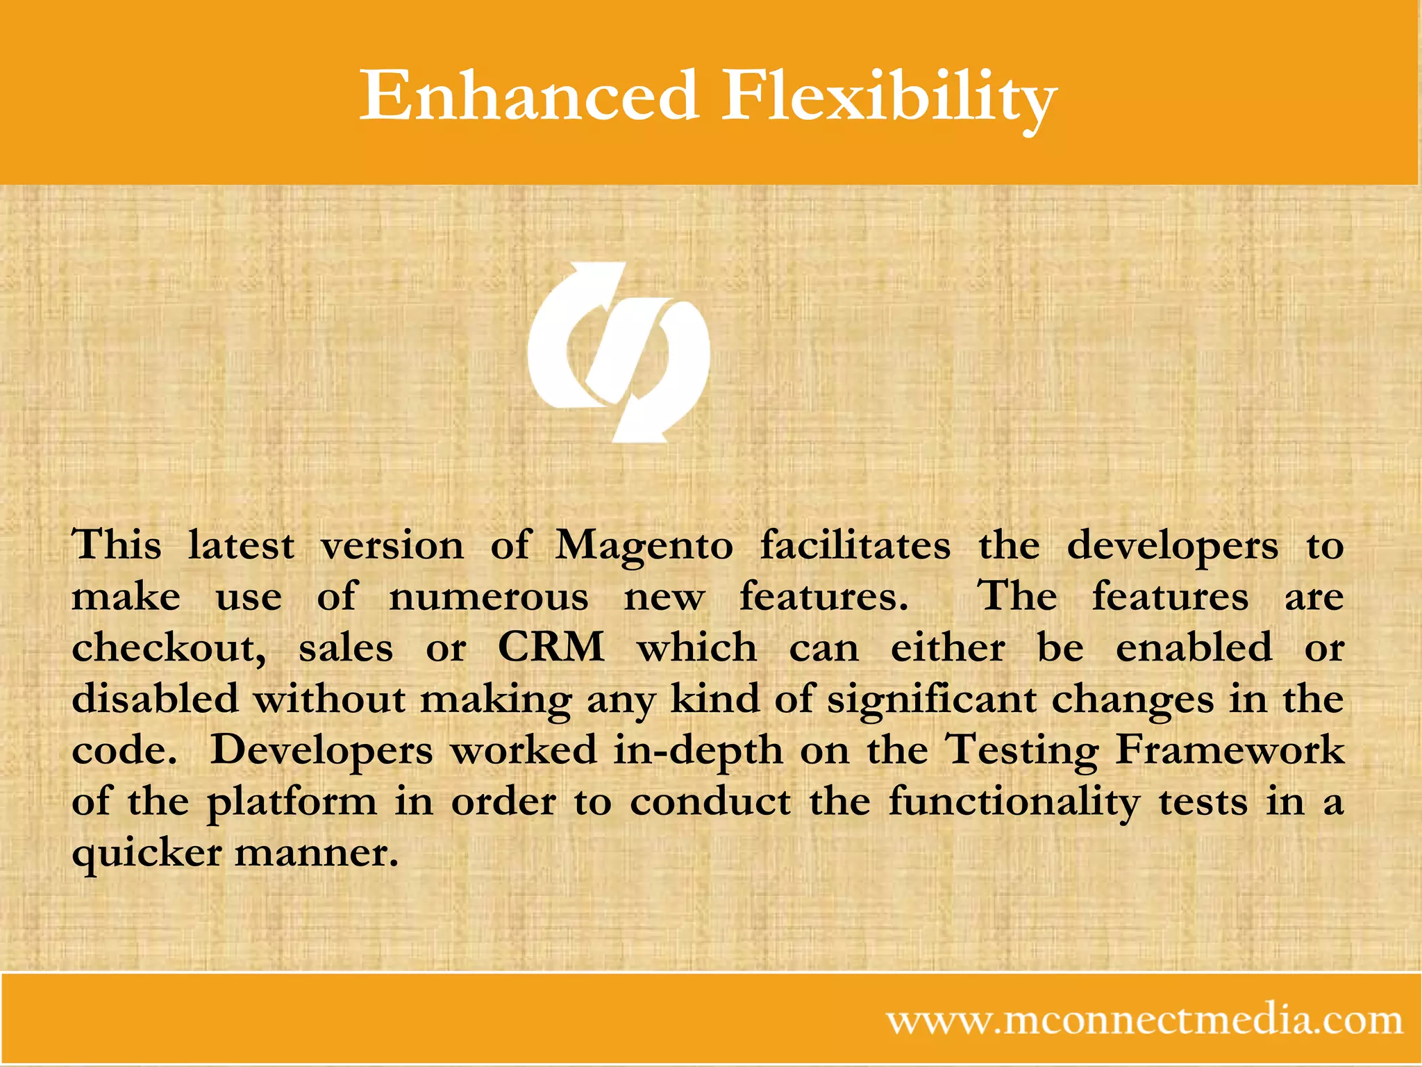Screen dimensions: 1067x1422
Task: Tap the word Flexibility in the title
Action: tap(889, 97)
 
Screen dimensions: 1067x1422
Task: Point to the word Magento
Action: tap(644, 546)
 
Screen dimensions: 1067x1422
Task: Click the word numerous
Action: tap(489, 597)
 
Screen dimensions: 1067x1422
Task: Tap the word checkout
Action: tap(169, 648)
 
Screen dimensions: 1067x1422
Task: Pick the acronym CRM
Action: tap(551, 647)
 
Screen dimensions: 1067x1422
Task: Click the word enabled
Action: tap(1194, 647)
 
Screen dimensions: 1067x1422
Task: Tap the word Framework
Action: tap(1230, 750)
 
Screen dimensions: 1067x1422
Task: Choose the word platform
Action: tap(292, 802)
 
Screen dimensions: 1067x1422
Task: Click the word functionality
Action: tap(1014, 802)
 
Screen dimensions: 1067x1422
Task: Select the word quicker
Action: tap(147, 854)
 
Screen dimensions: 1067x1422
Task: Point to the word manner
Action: tap(317, 854)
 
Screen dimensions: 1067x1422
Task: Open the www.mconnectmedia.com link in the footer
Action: tap(1144, 1020)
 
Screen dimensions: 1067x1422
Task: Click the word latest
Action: tap(241, 546)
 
